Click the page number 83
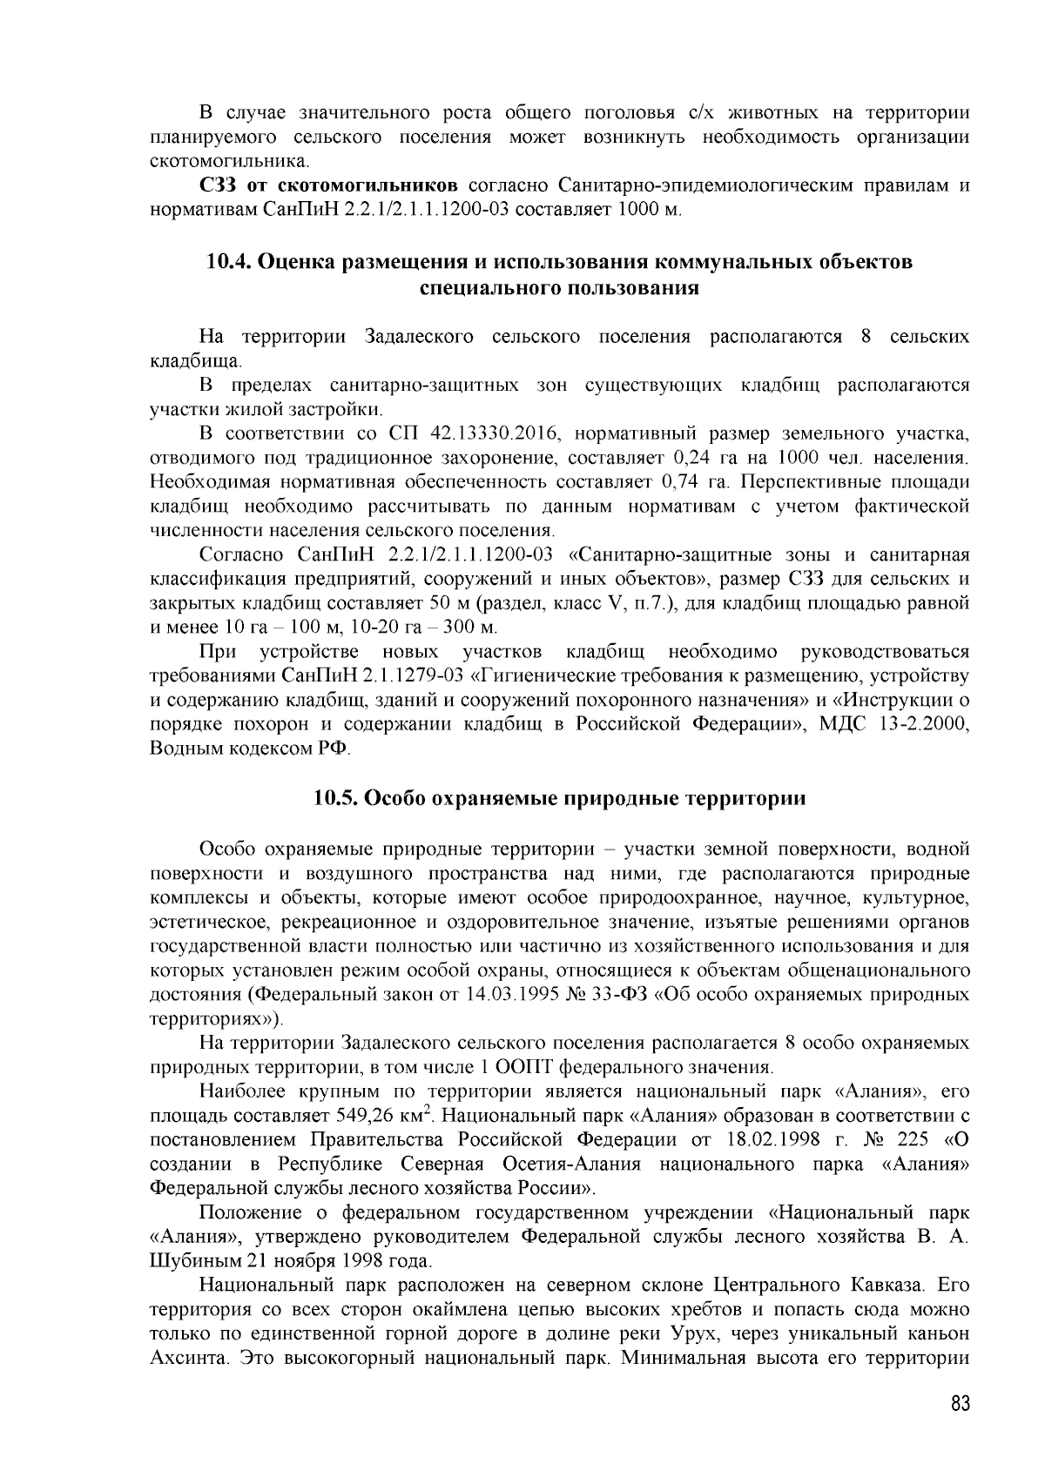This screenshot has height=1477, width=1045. pyautogui.click(x=960, y=1406)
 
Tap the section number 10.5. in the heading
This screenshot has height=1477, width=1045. pyautogui.click(x=336, y=798)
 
